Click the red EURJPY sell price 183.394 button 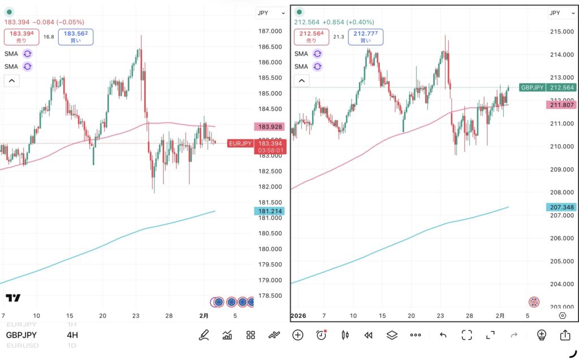coord(22,37)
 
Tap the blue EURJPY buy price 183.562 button coord(76,37)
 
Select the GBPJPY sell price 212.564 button coord(312,37)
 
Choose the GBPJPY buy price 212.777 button coord(366,37)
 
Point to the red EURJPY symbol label coord(240,144)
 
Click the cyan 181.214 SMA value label coord(269,211)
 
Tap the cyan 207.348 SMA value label coord(561,207)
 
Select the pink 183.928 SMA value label coord(269,127)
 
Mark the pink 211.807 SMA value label coord(561,105)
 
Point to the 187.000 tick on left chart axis coord(269,31)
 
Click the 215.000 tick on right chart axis coord(561,31)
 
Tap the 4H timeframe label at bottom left coord(72,335)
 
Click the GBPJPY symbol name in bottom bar coord(22,335)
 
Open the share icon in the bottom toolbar coord(565,335)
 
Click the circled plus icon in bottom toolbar coord(298,335)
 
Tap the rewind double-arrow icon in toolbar coord(368,335)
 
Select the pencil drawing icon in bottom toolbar coord(204,335)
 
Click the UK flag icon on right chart coord(534,301)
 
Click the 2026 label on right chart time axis coord(299,315)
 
